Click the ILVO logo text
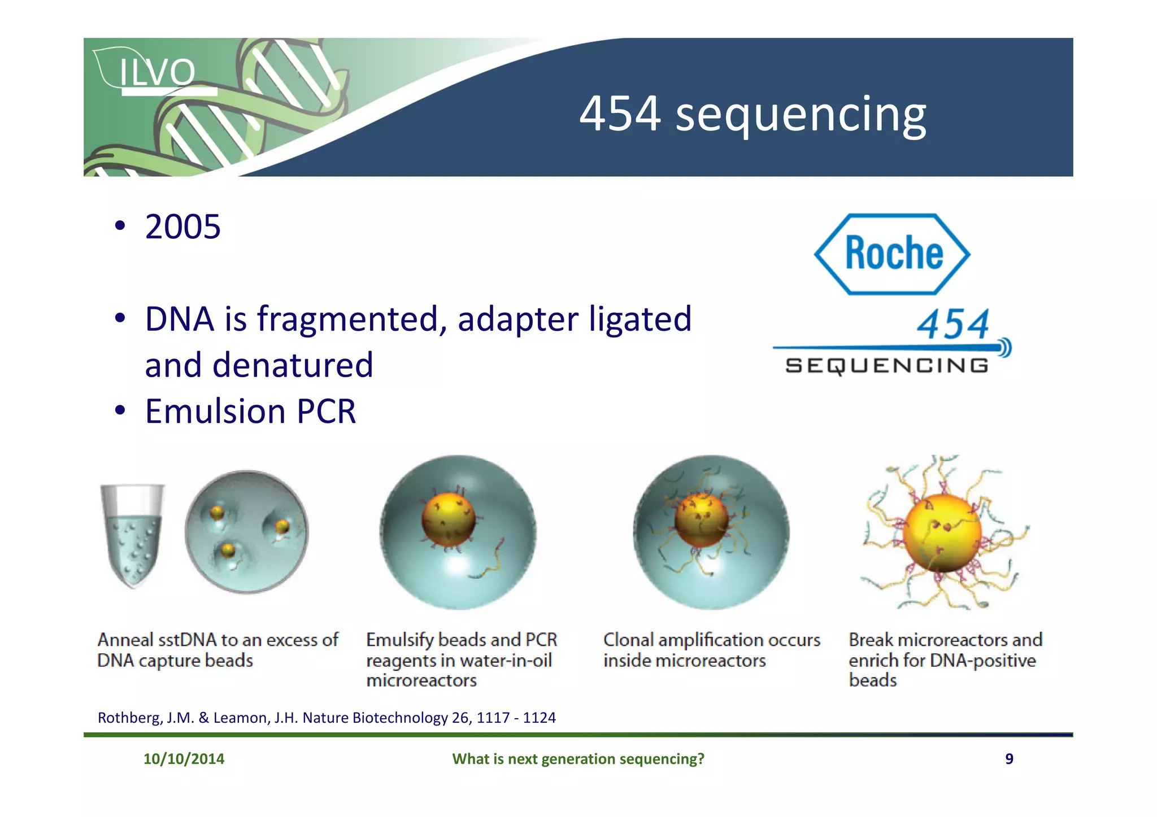click(x=157, y=72)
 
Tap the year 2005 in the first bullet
click(x=182, y=227)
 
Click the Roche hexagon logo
click(x=892, y=254)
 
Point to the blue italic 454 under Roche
click(x=952, y=325)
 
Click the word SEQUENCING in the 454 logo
click(x=887, y=366)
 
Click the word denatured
click(x=293, y=365)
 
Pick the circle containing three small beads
click(x=247, y=532)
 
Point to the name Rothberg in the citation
click(x=129, y=718)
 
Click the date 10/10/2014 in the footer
click(x=184, y=759)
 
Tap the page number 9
click(x=1009, y=759)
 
